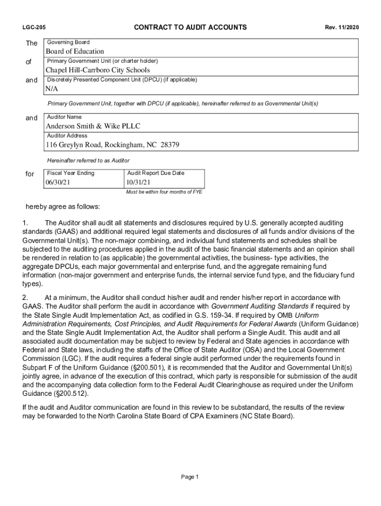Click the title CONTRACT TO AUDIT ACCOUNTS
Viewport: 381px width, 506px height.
[190, 27]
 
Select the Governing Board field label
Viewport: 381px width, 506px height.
[68, 42]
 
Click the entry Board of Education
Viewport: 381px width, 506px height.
[75, 51]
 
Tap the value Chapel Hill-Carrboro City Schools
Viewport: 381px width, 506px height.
[98, 70]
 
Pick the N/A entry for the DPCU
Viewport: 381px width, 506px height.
[52, 89]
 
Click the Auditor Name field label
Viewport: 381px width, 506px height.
[64, 117]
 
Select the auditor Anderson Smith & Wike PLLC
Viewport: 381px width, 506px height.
[94, 126]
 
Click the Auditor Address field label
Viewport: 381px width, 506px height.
[67, 135]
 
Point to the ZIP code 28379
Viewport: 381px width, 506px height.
[169, 145]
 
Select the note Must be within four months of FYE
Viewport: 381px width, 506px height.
[164, 192]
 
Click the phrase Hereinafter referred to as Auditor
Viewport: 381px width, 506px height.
[88, 161]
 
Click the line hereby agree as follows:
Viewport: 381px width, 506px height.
[63, 206]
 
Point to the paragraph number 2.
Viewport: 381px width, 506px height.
[25, 297]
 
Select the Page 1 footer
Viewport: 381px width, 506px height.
[190, 477]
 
